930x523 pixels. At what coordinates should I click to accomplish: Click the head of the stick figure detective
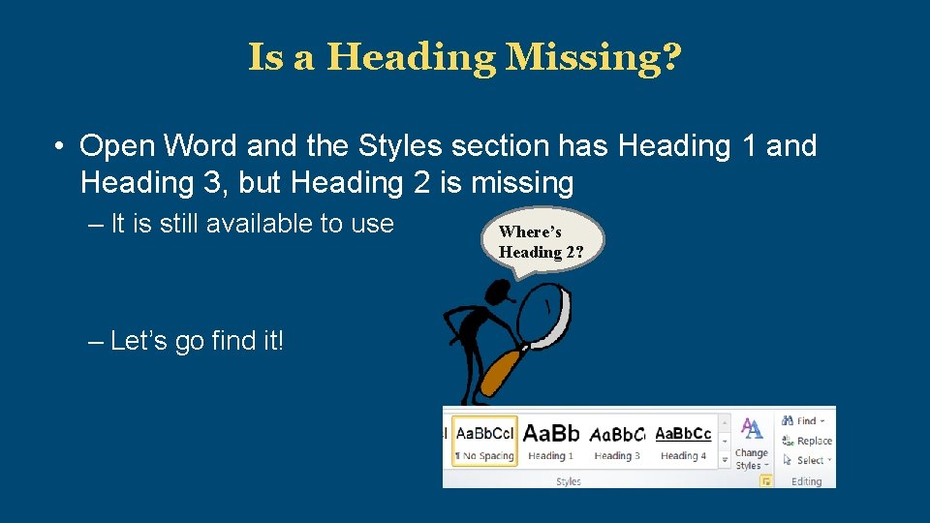coord(498,291)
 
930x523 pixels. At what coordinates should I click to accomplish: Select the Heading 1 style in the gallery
coord(550,442)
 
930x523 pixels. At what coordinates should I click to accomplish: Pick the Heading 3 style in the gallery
coord(616,442)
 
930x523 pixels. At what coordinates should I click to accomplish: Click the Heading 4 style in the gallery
coord(683,442)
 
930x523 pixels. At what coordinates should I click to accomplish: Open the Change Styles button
coord(751,444)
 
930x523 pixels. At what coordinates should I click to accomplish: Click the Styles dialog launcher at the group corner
coord(765,480)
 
